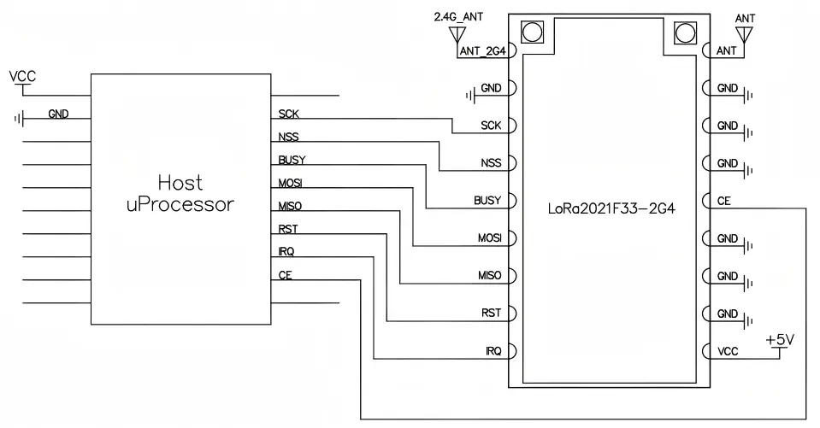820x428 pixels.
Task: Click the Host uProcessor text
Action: (180, 194)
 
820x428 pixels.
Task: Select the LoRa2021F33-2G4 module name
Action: (611, 208)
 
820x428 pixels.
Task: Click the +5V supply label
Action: (780, 339)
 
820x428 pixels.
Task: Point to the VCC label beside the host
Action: (22, 77)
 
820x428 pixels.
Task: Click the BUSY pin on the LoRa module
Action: (487, 201)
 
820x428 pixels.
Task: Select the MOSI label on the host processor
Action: (291, 183)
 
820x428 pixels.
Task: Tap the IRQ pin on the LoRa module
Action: (493, 351)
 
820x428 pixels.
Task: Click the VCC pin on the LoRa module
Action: (727, 351)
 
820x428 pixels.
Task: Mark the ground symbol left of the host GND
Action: (17, 118)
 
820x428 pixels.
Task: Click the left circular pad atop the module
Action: (532, 33)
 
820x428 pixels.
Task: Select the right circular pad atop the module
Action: (685, 33)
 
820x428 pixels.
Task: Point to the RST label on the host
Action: (288, 229)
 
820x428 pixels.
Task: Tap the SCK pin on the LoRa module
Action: (491, 126)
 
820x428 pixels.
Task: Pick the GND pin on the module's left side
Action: (492, 88)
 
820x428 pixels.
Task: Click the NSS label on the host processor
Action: (288, 137)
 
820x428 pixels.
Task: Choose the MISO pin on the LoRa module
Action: (489, 276)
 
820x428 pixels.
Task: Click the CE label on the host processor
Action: (286, 275)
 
